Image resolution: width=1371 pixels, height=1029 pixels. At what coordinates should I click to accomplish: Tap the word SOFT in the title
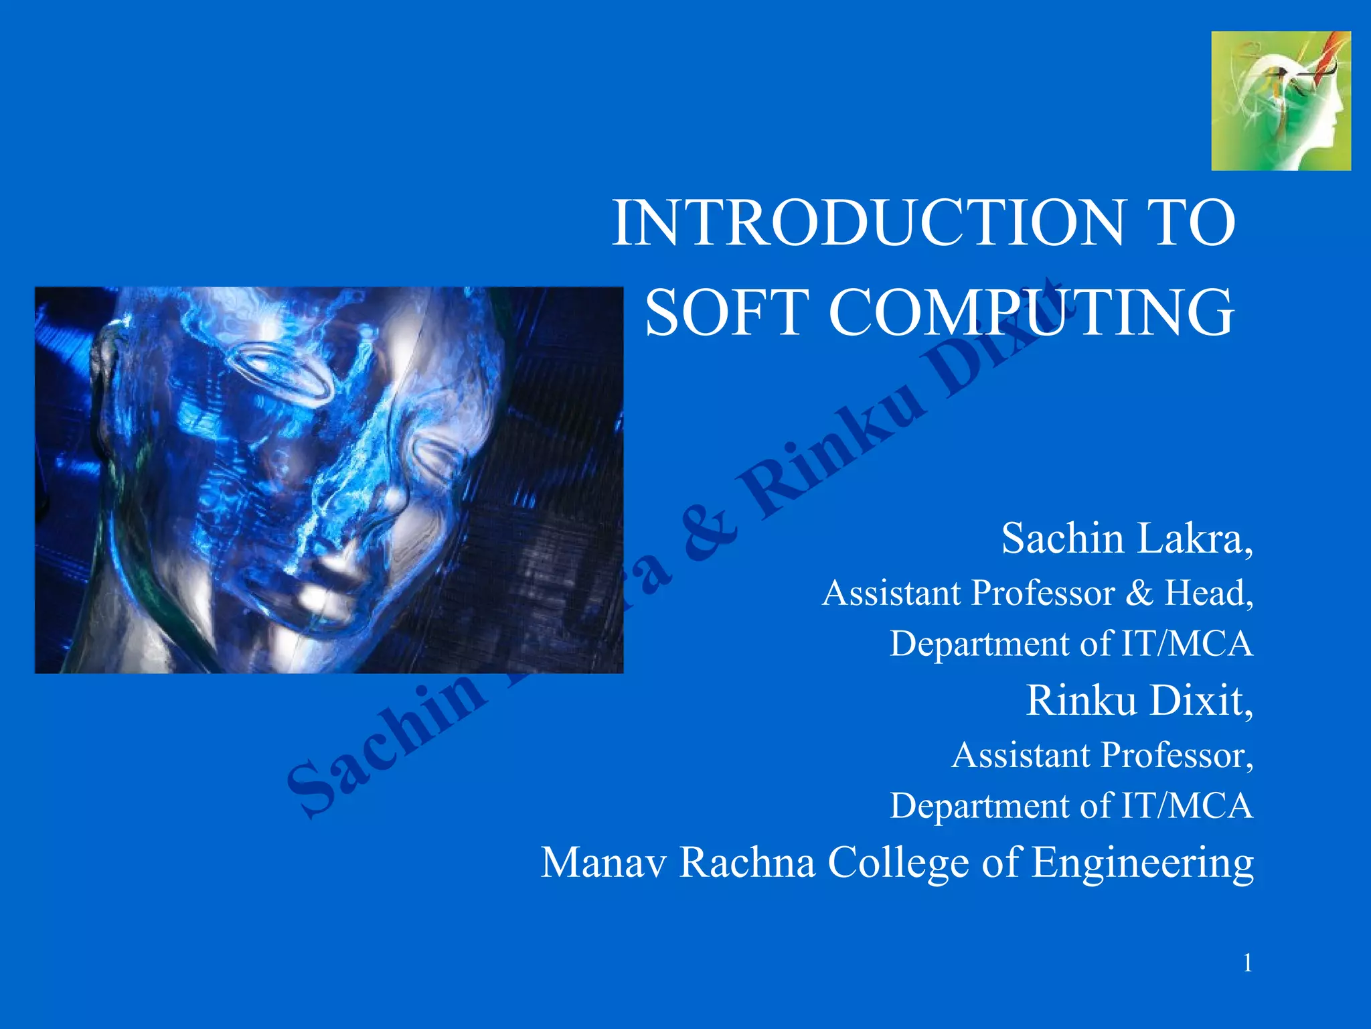pyautogui.click(x=726, y=312)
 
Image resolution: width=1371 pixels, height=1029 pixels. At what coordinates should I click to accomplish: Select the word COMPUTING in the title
pyautogui.click(x=1031, y=312)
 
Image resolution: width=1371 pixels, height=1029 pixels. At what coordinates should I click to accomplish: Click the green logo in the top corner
pyautogui.click(x=1281, y=101)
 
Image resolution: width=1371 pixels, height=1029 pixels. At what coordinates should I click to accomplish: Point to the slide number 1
pyautogui.click(x=1248, y=963)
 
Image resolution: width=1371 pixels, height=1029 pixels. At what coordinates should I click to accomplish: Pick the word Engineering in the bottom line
pyautogui.click(x=1142, y=864)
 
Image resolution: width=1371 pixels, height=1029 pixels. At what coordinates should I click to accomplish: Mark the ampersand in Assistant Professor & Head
pyautogui.click(x=1139, y=594)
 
